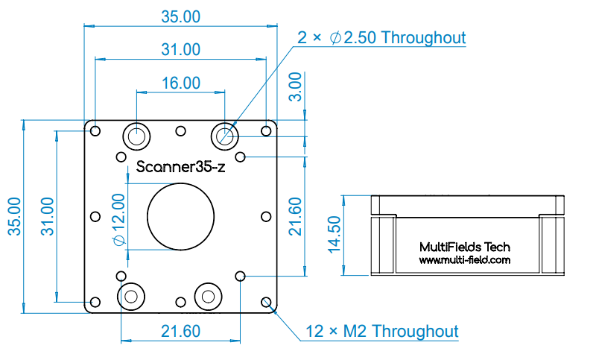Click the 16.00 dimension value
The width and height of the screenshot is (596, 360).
click(x=181, y=83)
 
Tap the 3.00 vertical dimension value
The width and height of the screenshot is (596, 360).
click(x=295, y=86)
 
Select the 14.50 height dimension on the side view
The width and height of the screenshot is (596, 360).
click(x=335, y=235)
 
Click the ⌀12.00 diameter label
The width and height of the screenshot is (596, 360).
click(x=119, y=220)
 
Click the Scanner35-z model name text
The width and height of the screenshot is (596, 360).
click(x=180, y=166)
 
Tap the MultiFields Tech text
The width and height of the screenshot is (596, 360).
click(x=464, y=247)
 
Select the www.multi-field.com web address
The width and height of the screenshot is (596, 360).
click(x=464, y=260)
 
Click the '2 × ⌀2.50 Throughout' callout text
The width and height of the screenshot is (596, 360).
click(x=381, y=37)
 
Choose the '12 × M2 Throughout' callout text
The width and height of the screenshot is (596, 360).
click(x=382, y=331)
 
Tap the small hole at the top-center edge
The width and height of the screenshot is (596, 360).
click(x=180, y=131)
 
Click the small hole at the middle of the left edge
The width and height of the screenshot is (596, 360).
click(x=95, y=217)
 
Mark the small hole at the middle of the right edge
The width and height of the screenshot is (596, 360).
click(x=266, y=217)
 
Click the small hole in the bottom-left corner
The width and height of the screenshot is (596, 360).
click(x=95, y=302)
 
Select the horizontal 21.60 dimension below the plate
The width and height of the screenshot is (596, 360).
click(x=180, y=331)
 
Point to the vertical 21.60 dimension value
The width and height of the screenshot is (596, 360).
click(x=295, y=216)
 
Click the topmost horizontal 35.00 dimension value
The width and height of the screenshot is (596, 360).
click(x=180, y=16)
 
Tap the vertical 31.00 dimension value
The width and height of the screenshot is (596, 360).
click(x=48, y=216)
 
